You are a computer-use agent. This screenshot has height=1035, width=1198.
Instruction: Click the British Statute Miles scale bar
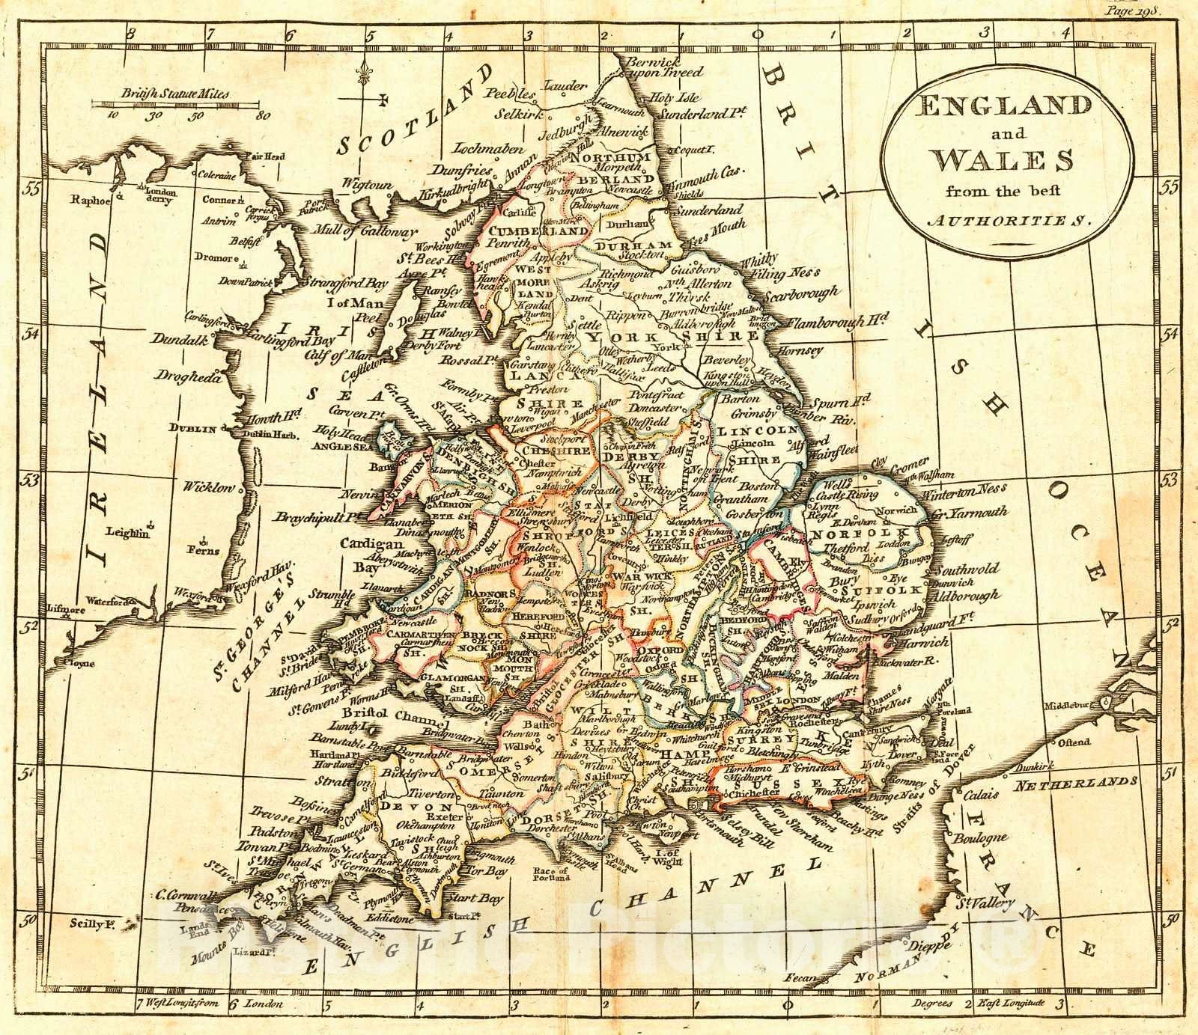click(177, 105)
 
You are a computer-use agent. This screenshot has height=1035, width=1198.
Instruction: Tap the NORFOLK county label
click(848, 533)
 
